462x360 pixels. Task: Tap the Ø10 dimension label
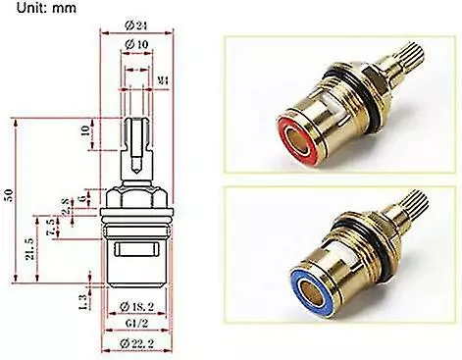136,46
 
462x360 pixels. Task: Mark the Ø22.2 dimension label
137,343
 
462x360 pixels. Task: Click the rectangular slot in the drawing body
137,251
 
